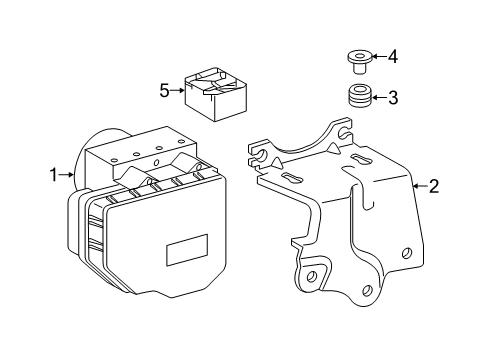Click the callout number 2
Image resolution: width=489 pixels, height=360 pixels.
[434, 185]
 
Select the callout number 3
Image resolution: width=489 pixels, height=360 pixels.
[393, 98]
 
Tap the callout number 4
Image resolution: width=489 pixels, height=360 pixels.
[393, 56]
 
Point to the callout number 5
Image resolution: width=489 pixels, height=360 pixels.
[166, 90]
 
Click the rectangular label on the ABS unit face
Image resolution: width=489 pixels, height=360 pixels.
[186, 250]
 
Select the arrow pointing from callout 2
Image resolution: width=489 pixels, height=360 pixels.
[419, 185]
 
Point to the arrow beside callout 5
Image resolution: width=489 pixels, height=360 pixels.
[179, 90]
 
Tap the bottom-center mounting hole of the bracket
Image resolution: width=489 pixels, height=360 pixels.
[367, 289]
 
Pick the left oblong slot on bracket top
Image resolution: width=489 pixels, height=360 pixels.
[294, 177]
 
